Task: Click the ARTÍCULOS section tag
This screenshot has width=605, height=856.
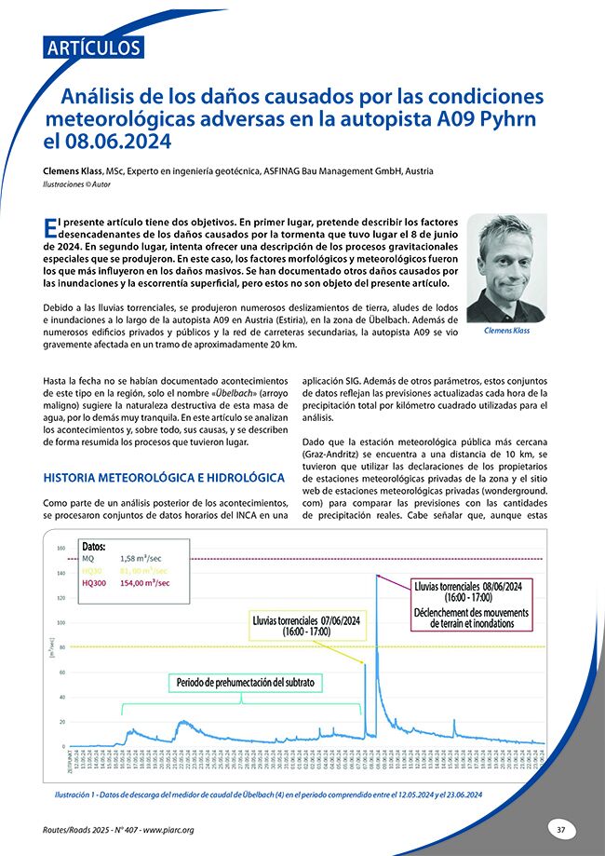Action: click(x=92, y=48)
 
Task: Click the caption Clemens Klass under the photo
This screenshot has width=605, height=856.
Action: click(x=506, y=331)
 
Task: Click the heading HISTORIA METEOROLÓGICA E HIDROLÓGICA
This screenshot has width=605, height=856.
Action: click(x=164, y=478)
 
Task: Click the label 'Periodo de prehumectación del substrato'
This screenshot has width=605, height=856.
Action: click(x=246, y=683)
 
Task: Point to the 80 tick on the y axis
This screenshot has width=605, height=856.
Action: click(x=61, y=647)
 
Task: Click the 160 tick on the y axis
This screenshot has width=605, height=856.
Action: click(x=60, y=548)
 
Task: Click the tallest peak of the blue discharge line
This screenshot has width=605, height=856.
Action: click(x=377, y=576)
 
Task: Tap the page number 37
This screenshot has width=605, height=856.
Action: click(x=560, y=828)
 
